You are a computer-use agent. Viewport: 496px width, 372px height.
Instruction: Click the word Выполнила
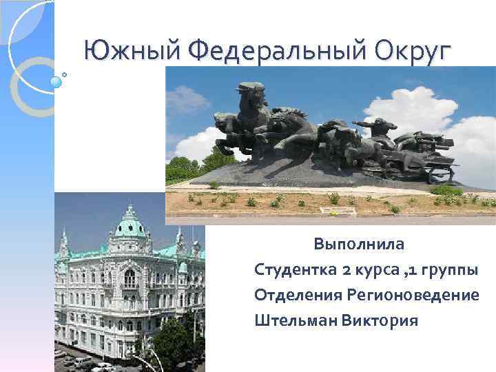pyautogui.click(x=360, y=244)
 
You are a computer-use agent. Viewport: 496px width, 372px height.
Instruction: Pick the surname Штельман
pyautogui.click(x=294, y=320)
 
